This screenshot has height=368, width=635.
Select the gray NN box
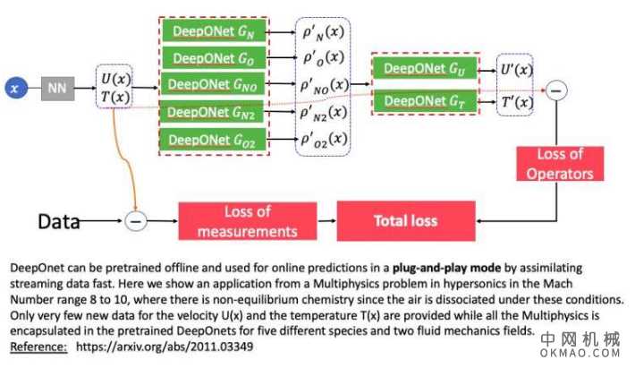tap(58, 88)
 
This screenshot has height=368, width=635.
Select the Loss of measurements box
tap(246, 219)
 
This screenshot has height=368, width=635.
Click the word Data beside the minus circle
tap(59, 219)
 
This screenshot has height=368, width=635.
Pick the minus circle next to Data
tap(135, 219)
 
